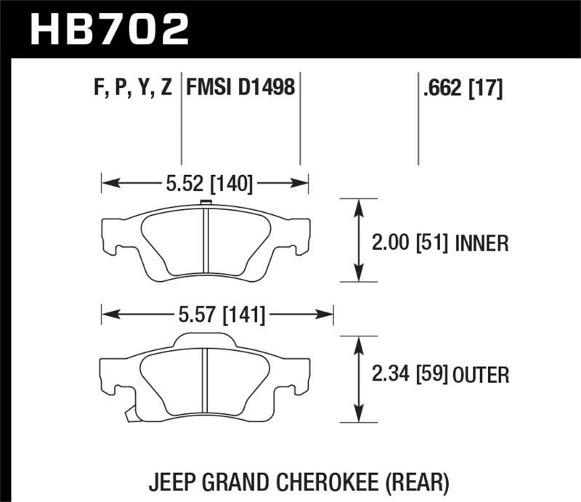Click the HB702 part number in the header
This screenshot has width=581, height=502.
tap(109, 29)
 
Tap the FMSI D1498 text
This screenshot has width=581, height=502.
tap(240, 89)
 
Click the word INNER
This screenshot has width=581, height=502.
tap(482, 243)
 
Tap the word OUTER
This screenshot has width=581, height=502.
tap(482, 375)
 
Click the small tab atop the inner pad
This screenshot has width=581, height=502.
tap(206, 203)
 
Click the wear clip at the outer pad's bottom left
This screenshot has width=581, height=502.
tap(130, 414)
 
